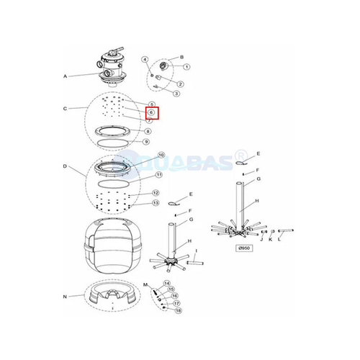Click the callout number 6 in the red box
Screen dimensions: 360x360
coord(151,112)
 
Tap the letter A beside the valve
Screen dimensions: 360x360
coord(65,76)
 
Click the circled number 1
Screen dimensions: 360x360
coord(186,67)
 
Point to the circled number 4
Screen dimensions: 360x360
coord(145,59)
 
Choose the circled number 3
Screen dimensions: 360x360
coord(176,93)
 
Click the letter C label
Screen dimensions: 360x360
coord(65,109)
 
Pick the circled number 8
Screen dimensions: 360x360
coord(148,132)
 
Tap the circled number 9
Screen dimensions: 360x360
coord(147,142)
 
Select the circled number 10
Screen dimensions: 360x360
coord(161,155)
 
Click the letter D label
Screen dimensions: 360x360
coord(65,166)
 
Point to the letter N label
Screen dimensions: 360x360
coord(65,297)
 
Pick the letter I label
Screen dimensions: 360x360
coord(196,251)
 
